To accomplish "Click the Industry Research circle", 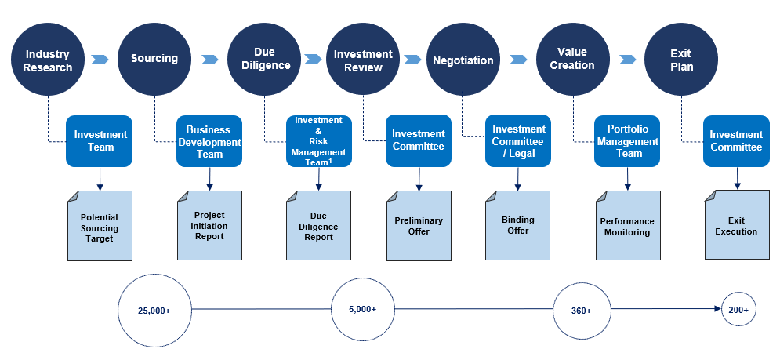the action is tap(48, 60).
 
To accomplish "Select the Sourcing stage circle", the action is tap(154, 60).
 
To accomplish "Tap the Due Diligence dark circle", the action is tap(264, 60).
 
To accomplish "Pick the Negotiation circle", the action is tap(463, 60).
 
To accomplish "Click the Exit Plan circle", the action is tap(681, 60).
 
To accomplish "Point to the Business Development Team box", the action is tap(209, 141).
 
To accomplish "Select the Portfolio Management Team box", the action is tap(627, 141).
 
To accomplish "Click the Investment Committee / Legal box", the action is tap(518, 141).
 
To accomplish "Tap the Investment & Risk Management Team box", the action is tap(319, 141).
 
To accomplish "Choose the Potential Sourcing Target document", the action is tap(100, 226).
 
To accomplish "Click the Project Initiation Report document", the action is tap(209, 225).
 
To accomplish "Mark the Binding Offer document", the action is tap(518, 225).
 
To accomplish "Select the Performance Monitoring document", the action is tap(628, 225).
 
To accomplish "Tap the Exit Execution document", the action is tap(737, 224).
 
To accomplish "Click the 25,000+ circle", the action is tap(154, 310).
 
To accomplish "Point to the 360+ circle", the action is tap(582, 310).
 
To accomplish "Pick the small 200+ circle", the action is tap(738, 309).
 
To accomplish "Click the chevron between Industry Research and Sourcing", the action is tap(100, 60).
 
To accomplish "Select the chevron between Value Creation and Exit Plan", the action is tap(627, 60).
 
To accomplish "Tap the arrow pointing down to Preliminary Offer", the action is tap(419, 179).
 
